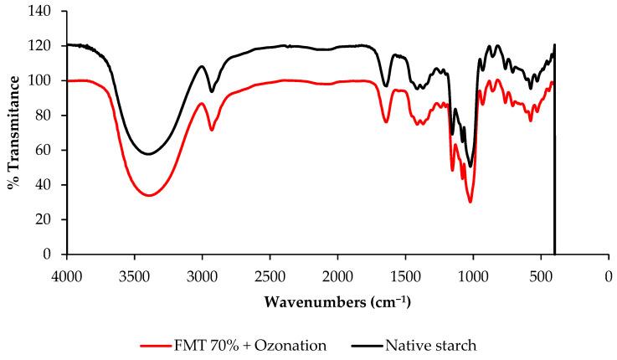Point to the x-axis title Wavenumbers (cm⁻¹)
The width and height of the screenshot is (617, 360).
pyautogui.click(x=337, y=301)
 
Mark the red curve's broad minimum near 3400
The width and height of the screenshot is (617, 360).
pyautogui.click(x=148, y=195)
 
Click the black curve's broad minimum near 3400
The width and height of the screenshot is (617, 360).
pyautogui.click(x=148, y=154)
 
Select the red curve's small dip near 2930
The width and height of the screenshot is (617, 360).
pyautogui.click(x=212, y=130)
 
